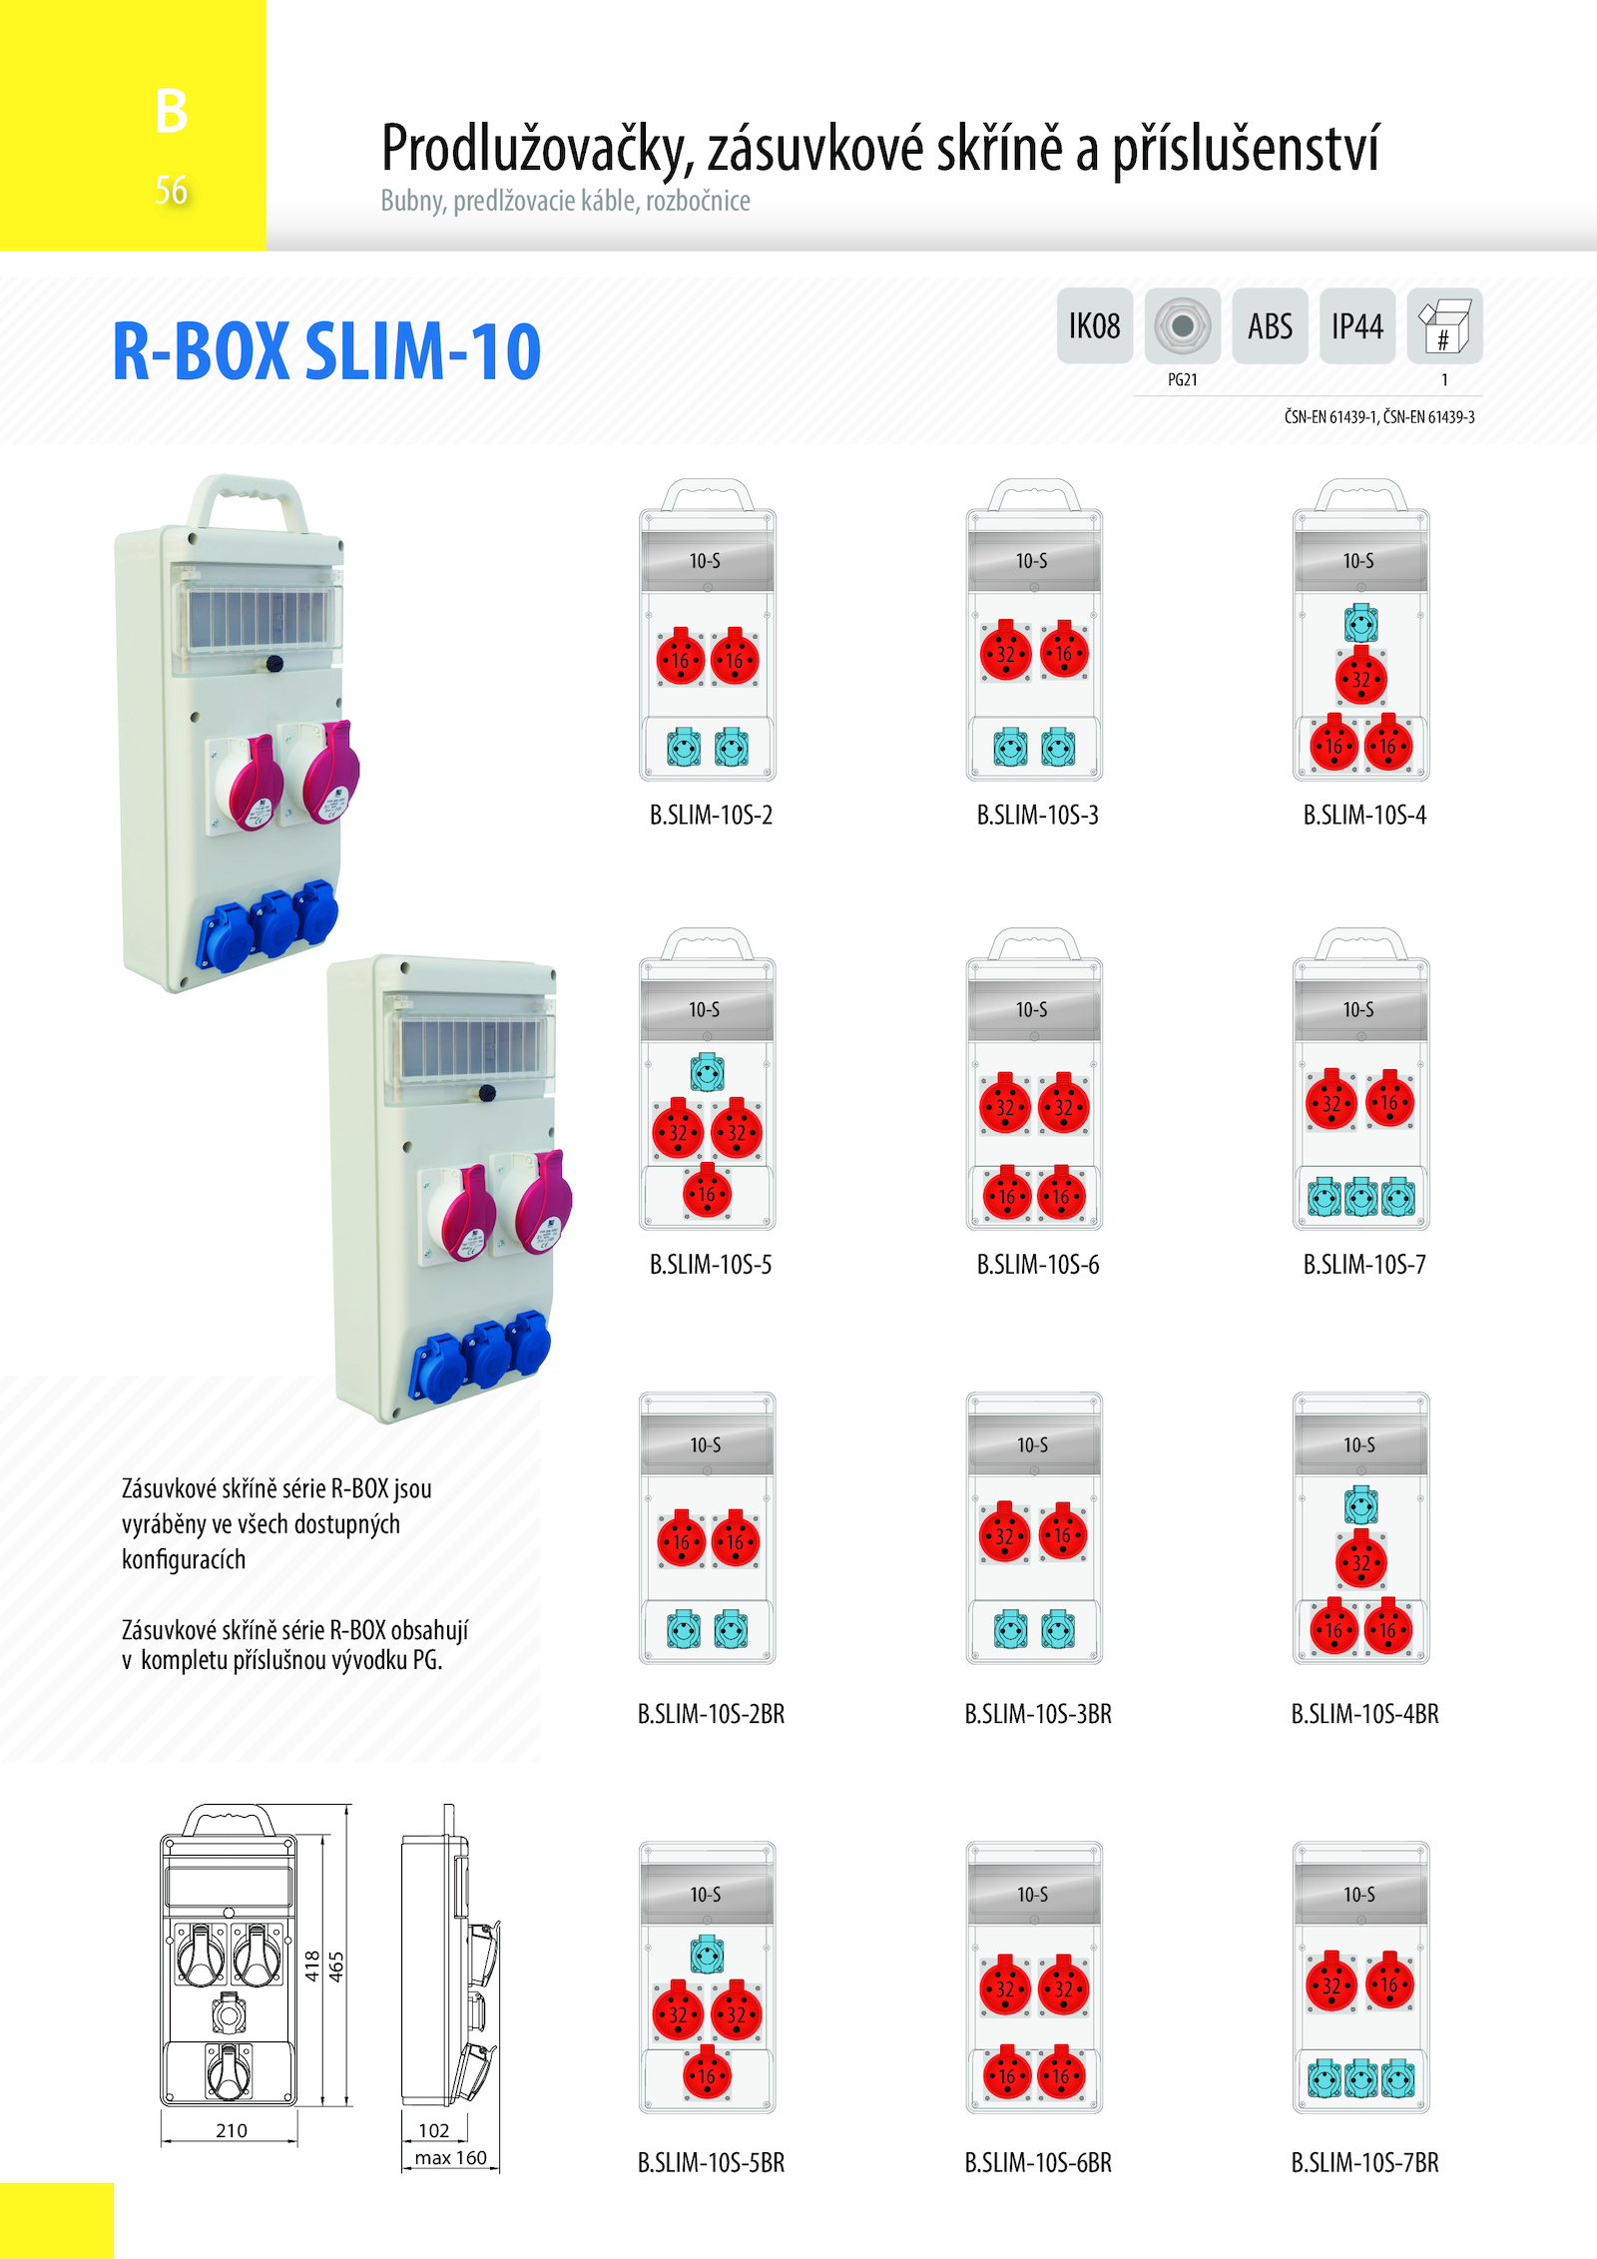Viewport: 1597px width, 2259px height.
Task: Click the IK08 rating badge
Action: coord(1095,325)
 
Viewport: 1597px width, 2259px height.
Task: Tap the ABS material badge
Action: coord(1270,325)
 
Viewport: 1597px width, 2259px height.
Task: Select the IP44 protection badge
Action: coord(1357,325)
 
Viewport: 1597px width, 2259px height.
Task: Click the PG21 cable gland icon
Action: coord(1183,325)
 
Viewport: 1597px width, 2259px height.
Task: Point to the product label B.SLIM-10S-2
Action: coord(711,816)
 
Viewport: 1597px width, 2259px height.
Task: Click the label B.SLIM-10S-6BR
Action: coord(1038,2163)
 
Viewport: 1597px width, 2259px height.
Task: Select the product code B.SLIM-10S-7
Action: coord(1364,1265)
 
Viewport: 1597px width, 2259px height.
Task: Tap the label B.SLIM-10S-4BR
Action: coord(1364,1714)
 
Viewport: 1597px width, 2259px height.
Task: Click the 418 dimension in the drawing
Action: coord(313,1967)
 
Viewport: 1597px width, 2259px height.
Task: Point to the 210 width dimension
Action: coord(232,2130)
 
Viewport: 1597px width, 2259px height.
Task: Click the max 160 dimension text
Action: coord(451,2157)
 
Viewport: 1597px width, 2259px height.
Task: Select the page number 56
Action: coord(171,190)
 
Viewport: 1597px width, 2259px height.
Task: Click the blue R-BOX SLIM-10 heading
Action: coord(326,351)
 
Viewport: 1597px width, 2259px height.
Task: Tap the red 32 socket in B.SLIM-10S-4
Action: coord(1361,678)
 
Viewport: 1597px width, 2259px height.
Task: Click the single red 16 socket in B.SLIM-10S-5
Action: coord(708,1193)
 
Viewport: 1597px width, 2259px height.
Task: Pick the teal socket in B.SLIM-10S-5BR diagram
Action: coord(708,1955)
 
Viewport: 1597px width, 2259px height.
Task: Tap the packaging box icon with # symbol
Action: coord(1444,325)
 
